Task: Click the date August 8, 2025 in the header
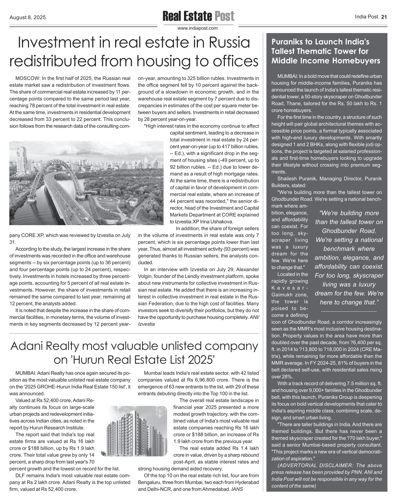pyautogui.click(x=28, y=17)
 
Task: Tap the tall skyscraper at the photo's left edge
pyautogui.click(x=21, y=158)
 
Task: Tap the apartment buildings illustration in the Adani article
pyautogui.click(x=134, y=431)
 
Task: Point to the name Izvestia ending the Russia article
pyautogui.click(x=146, y=324)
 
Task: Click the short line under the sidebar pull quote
pyautogui.click(x=349, y=312)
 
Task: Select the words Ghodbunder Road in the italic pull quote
pyautogui.click(x=349, y=231)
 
